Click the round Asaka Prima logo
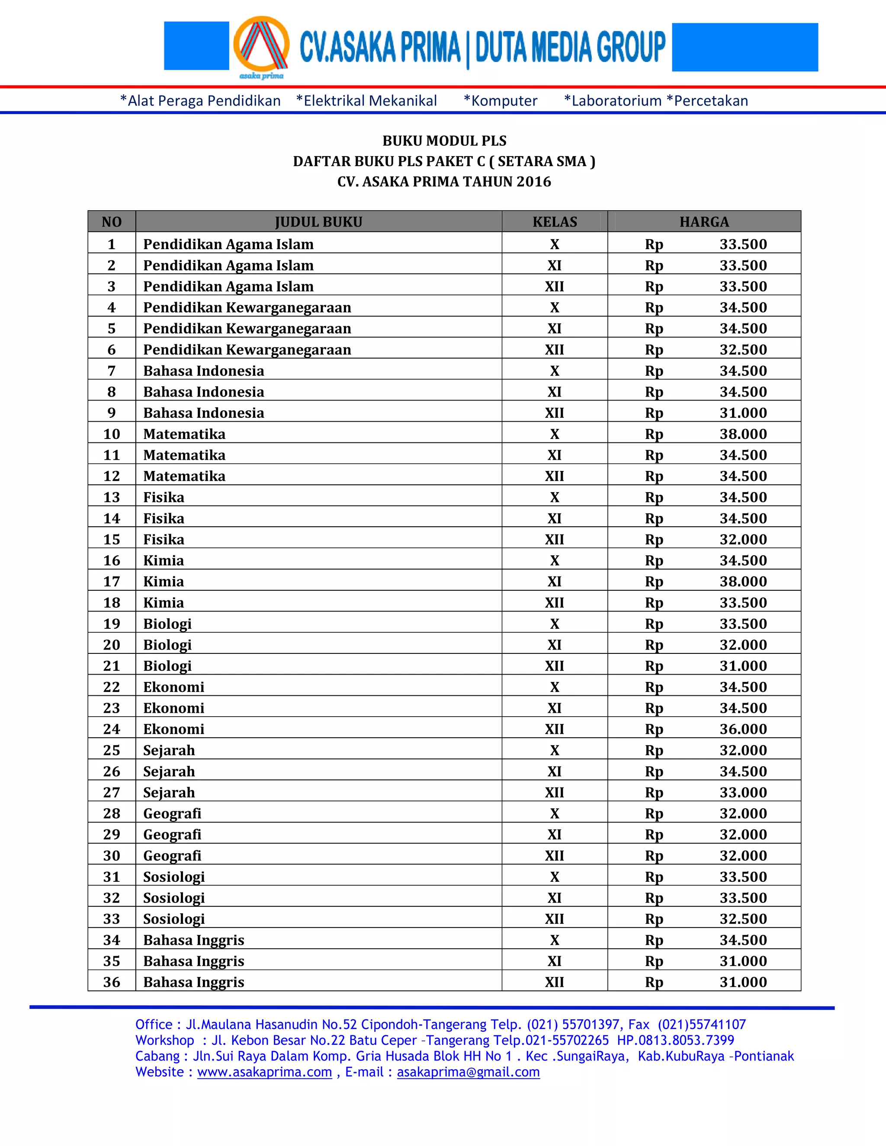pyautogui.click(x=261, y=46)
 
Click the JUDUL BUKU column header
pyautogui.click(x=318, y=222)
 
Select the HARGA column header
pyautogui.click(x=704, y=222)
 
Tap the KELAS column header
pyautogui.click(x=554, y=222)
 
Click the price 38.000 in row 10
pyautogui.click(x=743, y=434)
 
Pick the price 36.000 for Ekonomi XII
pyautogui.click(x=743, y=729)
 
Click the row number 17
pyautogui.click(x=111, y=581)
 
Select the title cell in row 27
pyautogui.click(x=169, y=792)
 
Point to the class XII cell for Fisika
pyautogui.click(x=554, y=539)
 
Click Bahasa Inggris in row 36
pyautogui.click(x=194, y=982)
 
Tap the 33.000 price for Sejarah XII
pyautogui.click(x=743, y=792)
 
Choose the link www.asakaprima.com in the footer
pyautogui.click(x=264, y=1072)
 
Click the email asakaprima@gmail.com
pyautogui.click(x=468, y=1072)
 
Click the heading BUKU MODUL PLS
pyautogui.click(x=444, y=141)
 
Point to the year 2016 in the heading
pyautogui.click(x=533, y=182)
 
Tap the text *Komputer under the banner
pyautogui.click(x=501, y=101)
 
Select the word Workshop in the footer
pyautogui.click(x=165, y=1040)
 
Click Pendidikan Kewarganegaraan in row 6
pyautogui.click(x=247, y=349)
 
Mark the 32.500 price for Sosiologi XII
pyautogui.click(x=743, y=919)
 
